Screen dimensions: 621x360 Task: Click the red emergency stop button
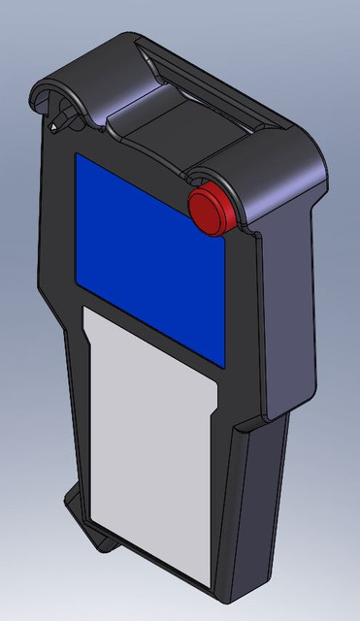(211, 206)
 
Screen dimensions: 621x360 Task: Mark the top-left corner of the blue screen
(77, 155)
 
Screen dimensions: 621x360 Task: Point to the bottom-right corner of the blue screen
(226, 368)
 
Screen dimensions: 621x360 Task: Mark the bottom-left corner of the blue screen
(79, 296)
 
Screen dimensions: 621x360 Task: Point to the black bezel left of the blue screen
(60, 233)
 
